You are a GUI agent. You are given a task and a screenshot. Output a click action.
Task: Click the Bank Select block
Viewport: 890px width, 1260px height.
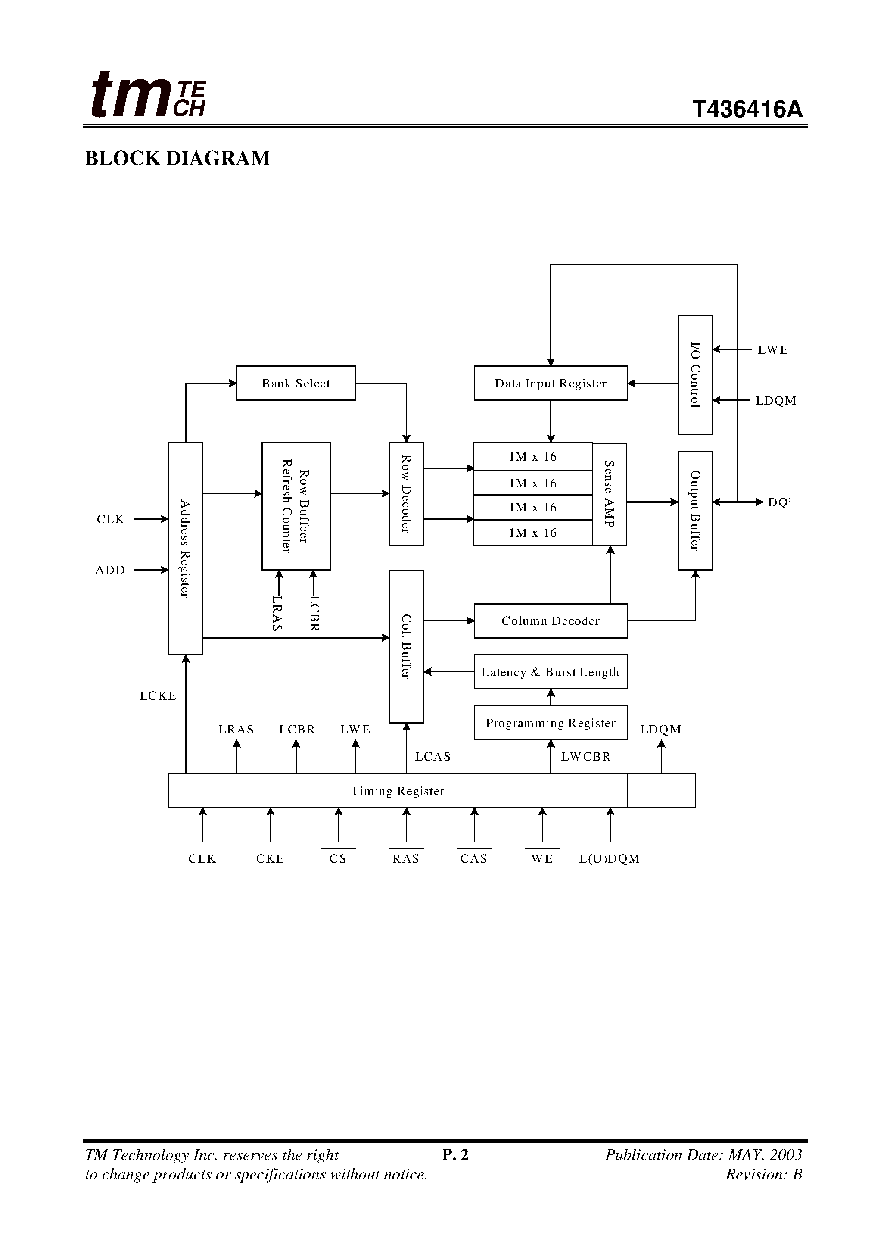[296, 383]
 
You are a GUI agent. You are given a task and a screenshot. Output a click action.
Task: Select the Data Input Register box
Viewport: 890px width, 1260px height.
[551, 383]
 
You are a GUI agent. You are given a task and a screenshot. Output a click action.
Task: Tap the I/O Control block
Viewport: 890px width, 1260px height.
[695, 375]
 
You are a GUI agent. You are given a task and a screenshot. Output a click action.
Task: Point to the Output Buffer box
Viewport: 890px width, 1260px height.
[695, 510]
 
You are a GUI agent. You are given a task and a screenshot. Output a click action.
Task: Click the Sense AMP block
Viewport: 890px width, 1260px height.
[609, 494]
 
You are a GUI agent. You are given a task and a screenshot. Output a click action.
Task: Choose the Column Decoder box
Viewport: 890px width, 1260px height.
[551, 621]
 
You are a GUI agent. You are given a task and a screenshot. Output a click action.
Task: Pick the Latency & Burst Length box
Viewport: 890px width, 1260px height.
[551, 672]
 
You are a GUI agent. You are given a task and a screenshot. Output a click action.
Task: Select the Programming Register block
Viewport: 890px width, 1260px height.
[551, 723]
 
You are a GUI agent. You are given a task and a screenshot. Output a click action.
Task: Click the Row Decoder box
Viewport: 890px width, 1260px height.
[406, 494]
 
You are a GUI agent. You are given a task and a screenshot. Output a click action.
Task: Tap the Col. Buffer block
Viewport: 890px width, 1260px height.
[406, 646]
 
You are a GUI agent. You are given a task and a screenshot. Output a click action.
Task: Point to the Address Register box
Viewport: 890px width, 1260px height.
[186, 549]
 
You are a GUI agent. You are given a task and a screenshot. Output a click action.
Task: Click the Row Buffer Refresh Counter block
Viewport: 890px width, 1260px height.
[296, 506]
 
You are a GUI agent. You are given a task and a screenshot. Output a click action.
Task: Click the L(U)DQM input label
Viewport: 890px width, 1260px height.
[609, 859]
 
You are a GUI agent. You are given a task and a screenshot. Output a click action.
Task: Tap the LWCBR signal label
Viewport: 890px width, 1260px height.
[585, 757]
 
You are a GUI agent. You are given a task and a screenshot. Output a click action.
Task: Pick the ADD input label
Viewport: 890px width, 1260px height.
[110, 570]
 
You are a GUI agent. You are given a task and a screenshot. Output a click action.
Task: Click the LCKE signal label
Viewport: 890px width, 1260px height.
[158, 696]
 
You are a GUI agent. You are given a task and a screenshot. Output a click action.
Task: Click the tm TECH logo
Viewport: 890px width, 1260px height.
[148, 94]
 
